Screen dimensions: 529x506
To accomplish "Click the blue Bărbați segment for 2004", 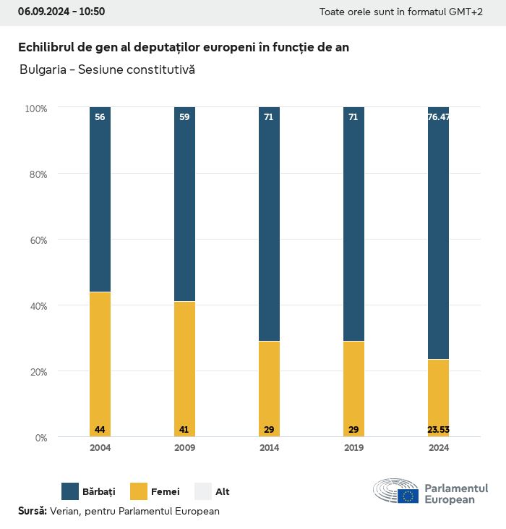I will pos(100,199).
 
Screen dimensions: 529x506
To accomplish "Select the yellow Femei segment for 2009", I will pos(184,369).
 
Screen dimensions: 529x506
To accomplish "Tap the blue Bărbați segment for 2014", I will pos(269,224).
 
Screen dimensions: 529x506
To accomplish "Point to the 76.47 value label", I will pos(438,117).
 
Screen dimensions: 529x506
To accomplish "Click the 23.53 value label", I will pos(438,430).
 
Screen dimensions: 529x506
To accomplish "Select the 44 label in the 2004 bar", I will pos(100,430).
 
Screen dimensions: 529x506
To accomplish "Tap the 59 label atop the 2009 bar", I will pos(184,117).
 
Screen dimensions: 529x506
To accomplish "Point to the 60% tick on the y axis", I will pos(37,240).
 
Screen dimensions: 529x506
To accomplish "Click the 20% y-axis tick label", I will pos(37,371).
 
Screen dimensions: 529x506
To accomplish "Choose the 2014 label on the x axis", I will pos(269,448).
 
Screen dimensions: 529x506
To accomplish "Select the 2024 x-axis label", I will pos(438,448).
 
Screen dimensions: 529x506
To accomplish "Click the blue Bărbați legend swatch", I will pos(70,491).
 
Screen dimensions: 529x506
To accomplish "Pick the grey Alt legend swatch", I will pos(203,491).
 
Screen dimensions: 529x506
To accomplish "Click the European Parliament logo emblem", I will pos(396,491).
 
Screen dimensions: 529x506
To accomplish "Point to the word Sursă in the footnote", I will pos(32,511).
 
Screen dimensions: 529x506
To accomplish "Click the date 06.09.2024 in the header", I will pos(43,12).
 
